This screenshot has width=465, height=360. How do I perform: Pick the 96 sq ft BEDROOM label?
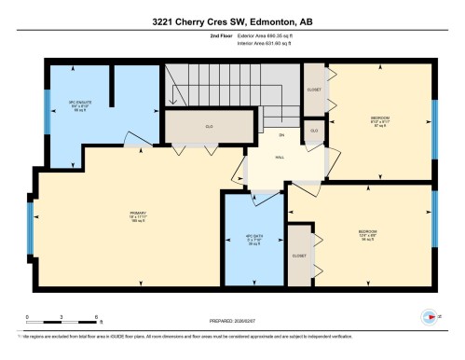pyautogui.click(x=367, y=233)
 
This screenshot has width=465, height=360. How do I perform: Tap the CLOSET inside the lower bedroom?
pyautogui.click(x=299, y=254)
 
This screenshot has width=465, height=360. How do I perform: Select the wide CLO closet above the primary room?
pyautogui.click(x=210, y=126)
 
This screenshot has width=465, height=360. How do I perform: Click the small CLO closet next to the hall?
pyautogui.click(x=314, y=130)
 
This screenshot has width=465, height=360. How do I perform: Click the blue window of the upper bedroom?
pyautogui.click(x=436, y=121)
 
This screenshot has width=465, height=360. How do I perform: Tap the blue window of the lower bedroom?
pyautogui.click(x=436, y=230)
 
